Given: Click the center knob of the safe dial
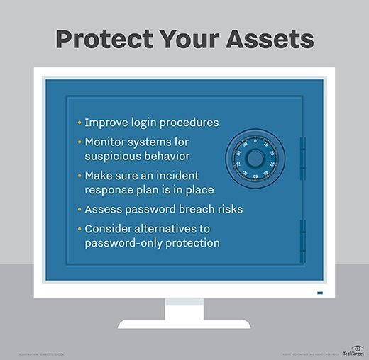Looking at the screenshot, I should coord(255,158).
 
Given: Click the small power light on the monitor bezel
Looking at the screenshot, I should coord(319,293).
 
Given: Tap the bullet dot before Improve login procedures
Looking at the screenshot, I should coord(79,123).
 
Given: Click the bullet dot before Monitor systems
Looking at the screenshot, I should coord(79,142).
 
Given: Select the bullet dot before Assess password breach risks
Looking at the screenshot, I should coord(79,210).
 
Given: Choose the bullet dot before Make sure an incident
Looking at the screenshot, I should coord(79,176).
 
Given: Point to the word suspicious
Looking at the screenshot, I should coord(115,155).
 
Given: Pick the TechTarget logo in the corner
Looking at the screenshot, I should coord(352,351).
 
